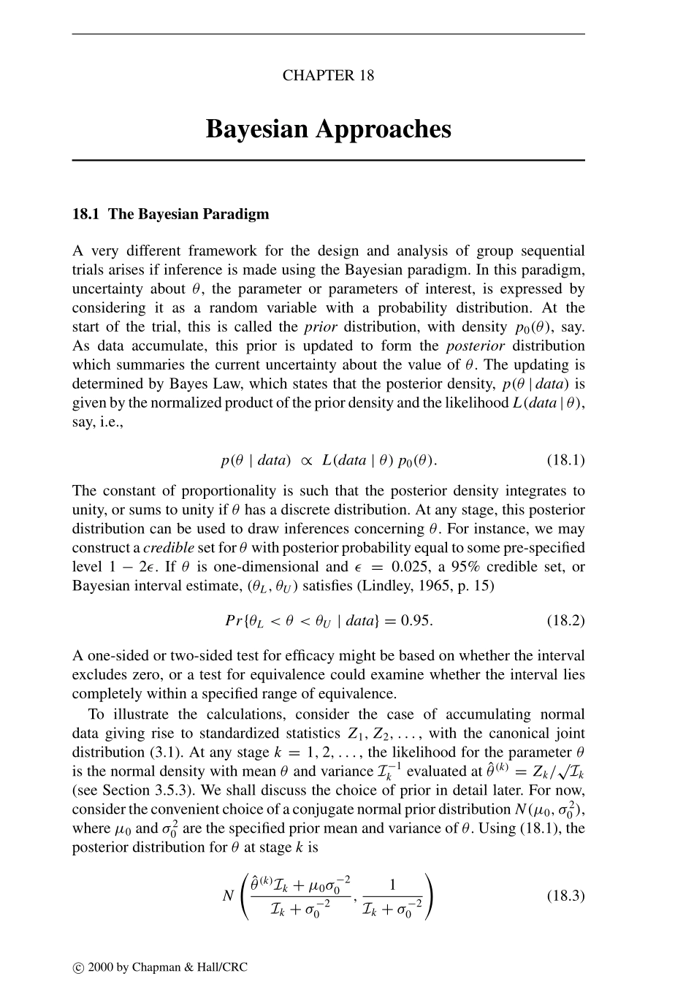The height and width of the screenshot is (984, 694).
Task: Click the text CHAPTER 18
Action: (328, 75)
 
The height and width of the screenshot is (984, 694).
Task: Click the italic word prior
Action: (320, 327)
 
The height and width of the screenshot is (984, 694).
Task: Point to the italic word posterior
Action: (475, 346)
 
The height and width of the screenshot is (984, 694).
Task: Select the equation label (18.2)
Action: (565, 621)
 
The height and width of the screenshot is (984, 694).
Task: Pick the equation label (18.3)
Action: (565, 895)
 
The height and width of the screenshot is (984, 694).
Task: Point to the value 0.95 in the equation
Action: (416, 621)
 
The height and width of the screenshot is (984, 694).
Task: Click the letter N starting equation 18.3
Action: (228, 896)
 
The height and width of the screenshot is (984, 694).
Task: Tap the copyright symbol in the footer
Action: (78, 968)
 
